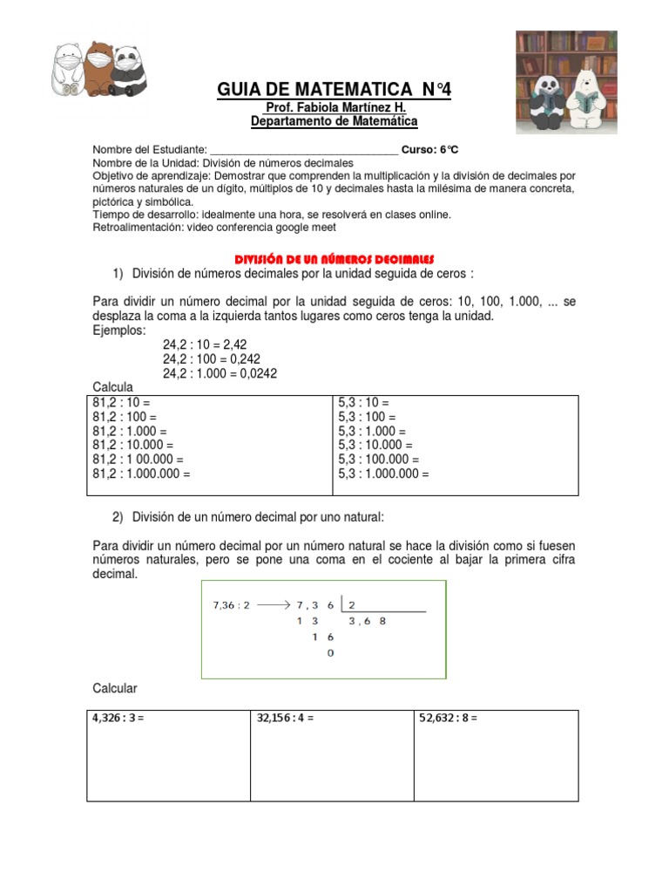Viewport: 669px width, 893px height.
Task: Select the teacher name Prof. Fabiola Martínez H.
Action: point(334,107)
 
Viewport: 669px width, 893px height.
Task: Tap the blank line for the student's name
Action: point(304,149)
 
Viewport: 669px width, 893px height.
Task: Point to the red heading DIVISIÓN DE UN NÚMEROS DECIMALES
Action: point(335,260)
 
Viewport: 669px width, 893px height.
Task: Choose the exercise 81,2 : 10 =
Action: point(122,404)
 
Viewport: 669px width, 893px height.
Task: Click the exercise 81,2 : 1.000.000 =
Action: point(141,474)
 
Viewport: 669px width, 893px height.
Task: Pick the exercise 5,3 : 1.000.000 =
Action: point(383,474)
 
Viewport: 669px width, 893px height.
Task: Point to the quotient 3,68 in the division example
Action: point(367,622)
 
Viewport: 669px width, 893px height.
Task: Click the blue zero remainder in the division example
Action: point(329,652)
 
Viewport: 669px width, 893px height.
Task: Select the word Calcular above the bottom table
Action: point(115,689)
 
